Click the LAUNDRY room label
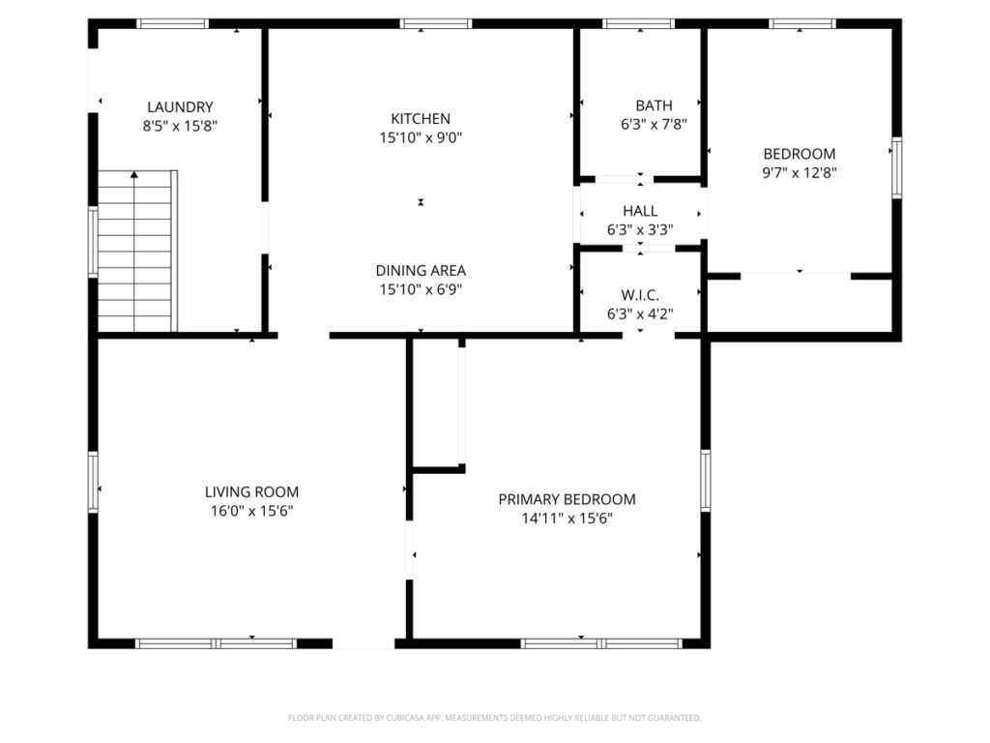(180, 107)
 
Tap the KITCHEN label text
(421, 119)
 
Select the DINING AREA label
(421, 271)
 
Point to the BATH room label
(655, 105)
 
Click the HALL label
(640, 211)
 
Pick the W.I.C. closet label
(640, 295)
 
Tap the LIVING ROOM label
(252, 492)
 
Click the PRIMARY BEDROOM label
(567, 500)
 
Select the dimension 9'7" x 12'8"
(800, 172)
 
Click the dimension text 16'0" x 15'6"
(252, 511)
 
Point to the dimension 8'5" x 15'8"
(180, 127)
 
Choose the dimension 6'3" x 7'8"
(655, 125)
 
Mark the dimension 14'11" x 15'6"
(567, 519)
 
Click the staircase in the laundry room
(137, 251)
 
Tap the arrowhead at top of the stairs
(133, 174)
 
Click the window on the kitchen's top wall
(436, 24)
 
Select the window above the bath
(639, 24)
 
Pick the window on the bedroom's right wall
(896, 167)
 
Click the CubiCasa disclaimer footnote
(494, 718)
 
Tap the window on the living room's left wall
(93, 482)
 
